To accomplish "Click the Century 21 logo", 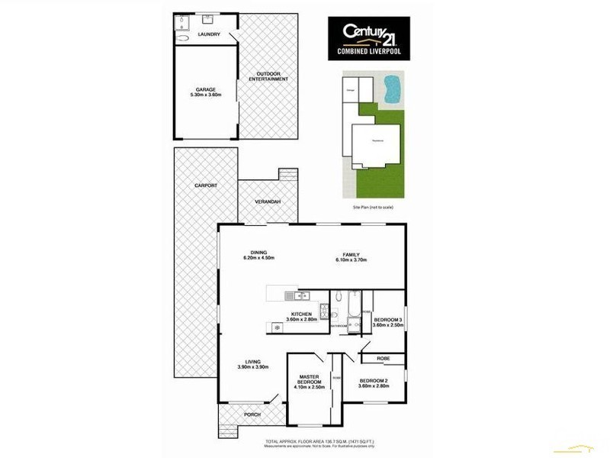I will (368, 37).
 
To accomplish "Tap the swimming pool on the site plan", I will (391, 90).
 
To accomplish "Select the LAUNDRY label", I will (208, 35).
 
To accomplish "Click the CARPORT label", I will (206, 185).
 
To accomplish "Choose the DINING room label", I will (258, 253).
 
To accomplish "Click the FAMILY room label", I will (351, 254).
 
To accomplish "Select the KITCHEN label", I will (300, 314).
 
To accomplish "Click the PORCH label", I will (252, 414).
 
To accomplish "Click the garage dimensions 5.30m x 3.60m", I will (205, 95).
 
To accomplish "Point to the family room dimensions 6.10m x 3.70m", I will (351, 260).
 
